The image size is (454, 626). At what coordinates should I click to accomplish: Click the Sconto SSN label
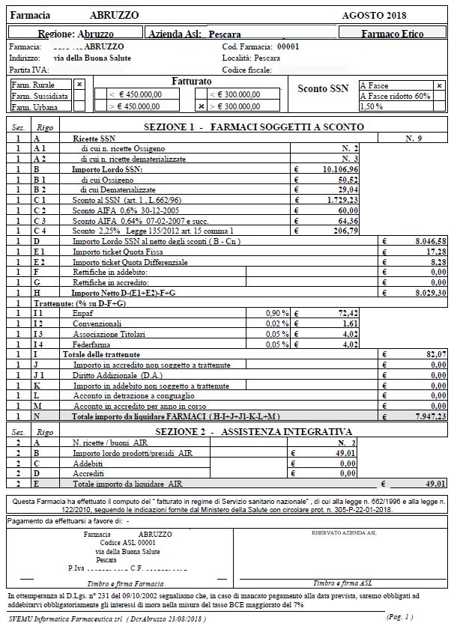point(323,89)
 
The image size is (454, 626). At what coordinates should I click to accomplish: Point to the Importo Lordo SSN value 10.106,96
point(342,170)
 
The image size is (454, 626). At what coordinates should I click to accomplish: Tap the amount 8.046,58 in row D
point(431,243)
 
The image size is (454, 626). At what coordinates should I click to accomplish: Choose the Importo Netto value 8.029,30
point(431,294)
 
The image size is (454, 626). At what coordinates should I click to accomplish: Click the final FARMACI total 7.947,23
point(431,416)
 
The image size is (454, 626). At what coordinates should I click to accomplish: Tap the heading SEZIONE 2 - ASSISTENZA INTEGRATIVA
point(253,432)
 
